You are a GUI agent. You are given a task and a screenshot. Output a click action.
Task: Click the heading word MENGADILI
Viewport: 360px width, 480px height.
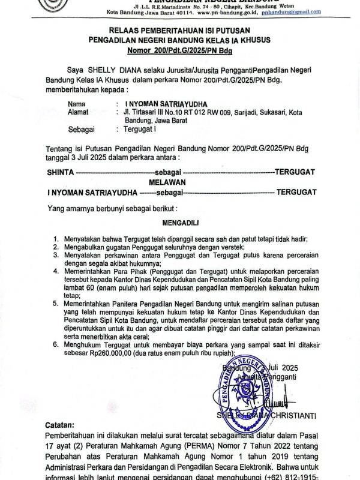[x=180, y=223]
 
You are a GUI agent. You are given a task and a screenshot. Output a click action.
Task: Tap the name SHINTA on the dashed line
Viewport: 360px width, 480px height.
[x=60, y=172]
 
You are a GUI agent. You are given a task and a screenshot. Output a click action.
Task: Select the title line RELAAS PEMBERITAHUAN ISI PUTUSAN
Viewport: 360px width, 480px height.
[x=179, y=30]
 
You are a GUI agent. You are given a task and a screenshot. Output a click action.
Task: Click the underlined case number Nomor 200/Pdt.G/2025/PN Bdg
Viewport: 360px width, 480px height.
[x=179, y=50]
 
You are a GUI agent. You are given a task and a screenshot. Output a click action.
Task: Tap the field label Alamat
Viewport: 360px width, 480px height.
[x=78, y=112]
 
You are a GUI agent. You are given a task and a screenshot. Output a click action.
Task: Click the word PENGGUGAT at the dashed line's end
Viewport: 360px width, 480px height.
[x=295, y=172]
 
